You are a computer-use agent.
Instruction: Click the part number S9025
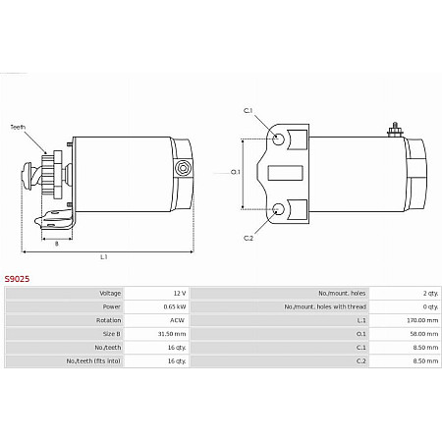17,279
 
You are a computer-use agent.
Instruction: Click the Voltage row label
110,294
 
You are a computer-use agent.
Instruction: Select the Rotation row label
109,320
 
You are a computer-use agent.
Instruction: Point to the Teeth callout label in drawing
19,127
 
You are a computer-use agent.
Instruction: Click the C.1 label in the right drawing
249,110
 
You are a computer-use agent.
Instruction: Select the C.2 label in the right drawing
249,239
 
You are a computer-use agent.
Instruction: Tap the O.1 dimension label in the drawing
236,173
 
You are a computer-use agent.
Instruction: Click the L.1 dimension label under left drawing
104,256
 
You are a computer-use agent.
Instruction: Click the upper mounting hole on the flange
280,138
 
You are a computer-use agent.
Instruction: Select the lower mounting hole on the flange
280,208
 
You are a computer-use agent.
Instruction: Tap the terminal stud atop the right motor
394,128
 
